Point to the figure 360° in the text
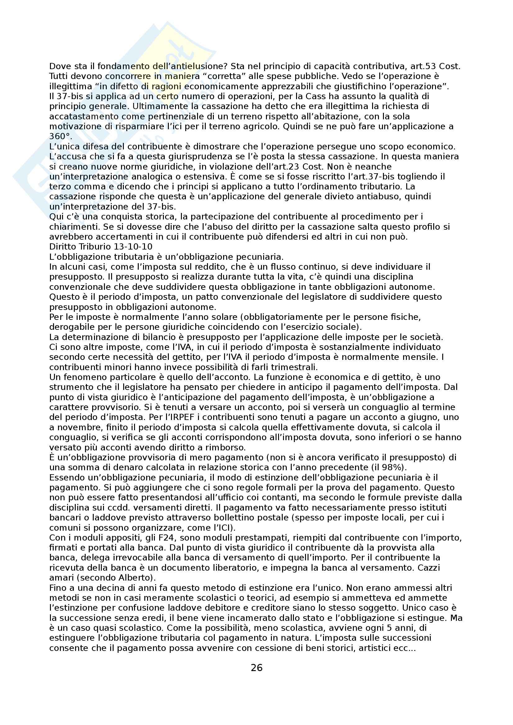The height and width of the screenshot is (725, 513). click(61, 136)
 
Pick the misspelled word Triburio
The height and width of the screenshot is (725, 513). click(90, 247)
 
